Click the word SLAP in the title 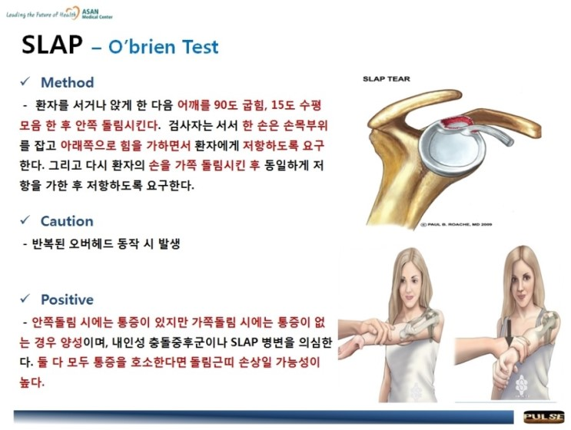click(x=52, y=45)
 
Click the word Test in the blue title click(x=200, y=47)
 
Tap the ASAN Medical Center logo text click(x=97, y=14)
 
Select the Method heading click(x=68, y=83)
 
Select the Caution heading click(x=67, y=221)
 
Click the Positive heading click(x=67, y=299)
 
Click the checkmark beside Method click(x=25, y=81)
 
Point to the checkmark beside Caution click(x=25, y=220)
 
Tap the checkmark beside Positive click(x=25, y=298)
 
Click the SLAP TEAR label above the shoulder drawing click(x=386, y=79)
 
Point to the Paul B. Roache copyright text click(x=456, y=224)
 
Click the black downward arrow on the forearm click(x=509, y=336)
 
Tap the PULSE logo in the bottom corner click(x=543, y=417)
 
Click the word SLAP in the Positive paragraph click(x=244, y=342)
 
